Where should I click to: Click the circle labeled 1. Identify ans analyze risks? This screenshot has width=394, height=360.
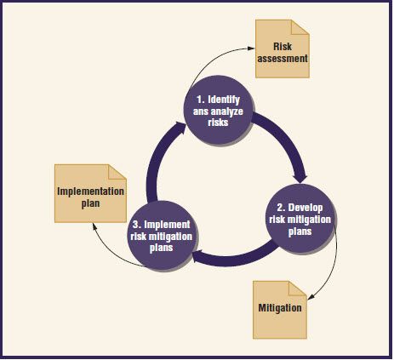[218, 110]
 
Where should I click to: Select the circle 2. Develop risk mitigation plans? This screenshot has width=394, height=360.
[300, 219]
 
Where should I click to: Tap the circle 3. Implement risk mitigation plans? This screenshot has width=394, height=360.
[162, 236]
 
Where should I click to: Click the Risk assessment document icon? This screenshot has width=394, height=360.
[283, 49]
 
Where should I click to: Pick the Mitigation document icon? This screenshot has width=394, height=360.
[280, 310]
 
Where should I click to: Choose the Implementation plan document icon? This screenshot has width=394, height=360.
[90, 193]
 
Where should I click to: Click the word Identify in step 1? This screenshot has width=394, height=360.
[224, 100]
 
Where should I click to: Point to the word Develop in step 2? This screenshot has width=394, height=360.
[305, 208]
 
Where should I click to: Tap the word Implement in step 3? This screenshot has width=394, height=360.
[167, 225]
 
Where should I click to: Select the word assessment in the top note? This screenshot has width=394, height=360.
[283, 59]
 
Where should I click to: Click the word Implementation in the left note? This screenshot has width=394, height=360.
[90, 191]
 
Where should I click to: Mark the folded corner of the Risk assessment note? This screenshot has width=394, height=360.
[300, 27]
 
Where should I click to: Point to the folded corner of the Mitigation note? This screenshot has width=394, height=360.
[298, 289]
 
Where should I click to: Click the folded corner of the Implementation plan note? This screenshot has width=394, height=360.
[117, 172]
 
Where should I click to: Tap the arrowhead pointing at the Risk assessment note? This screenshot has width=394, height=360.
[251, 49]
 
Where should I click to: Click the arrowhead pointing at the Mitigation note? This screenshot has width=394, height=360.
[311, 297]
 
